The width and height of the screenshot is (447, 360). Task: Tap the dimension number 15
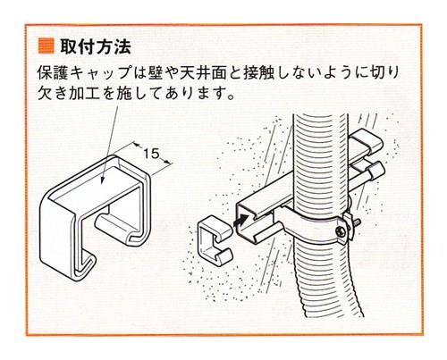pyautogui.click(x=153, y=155)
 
